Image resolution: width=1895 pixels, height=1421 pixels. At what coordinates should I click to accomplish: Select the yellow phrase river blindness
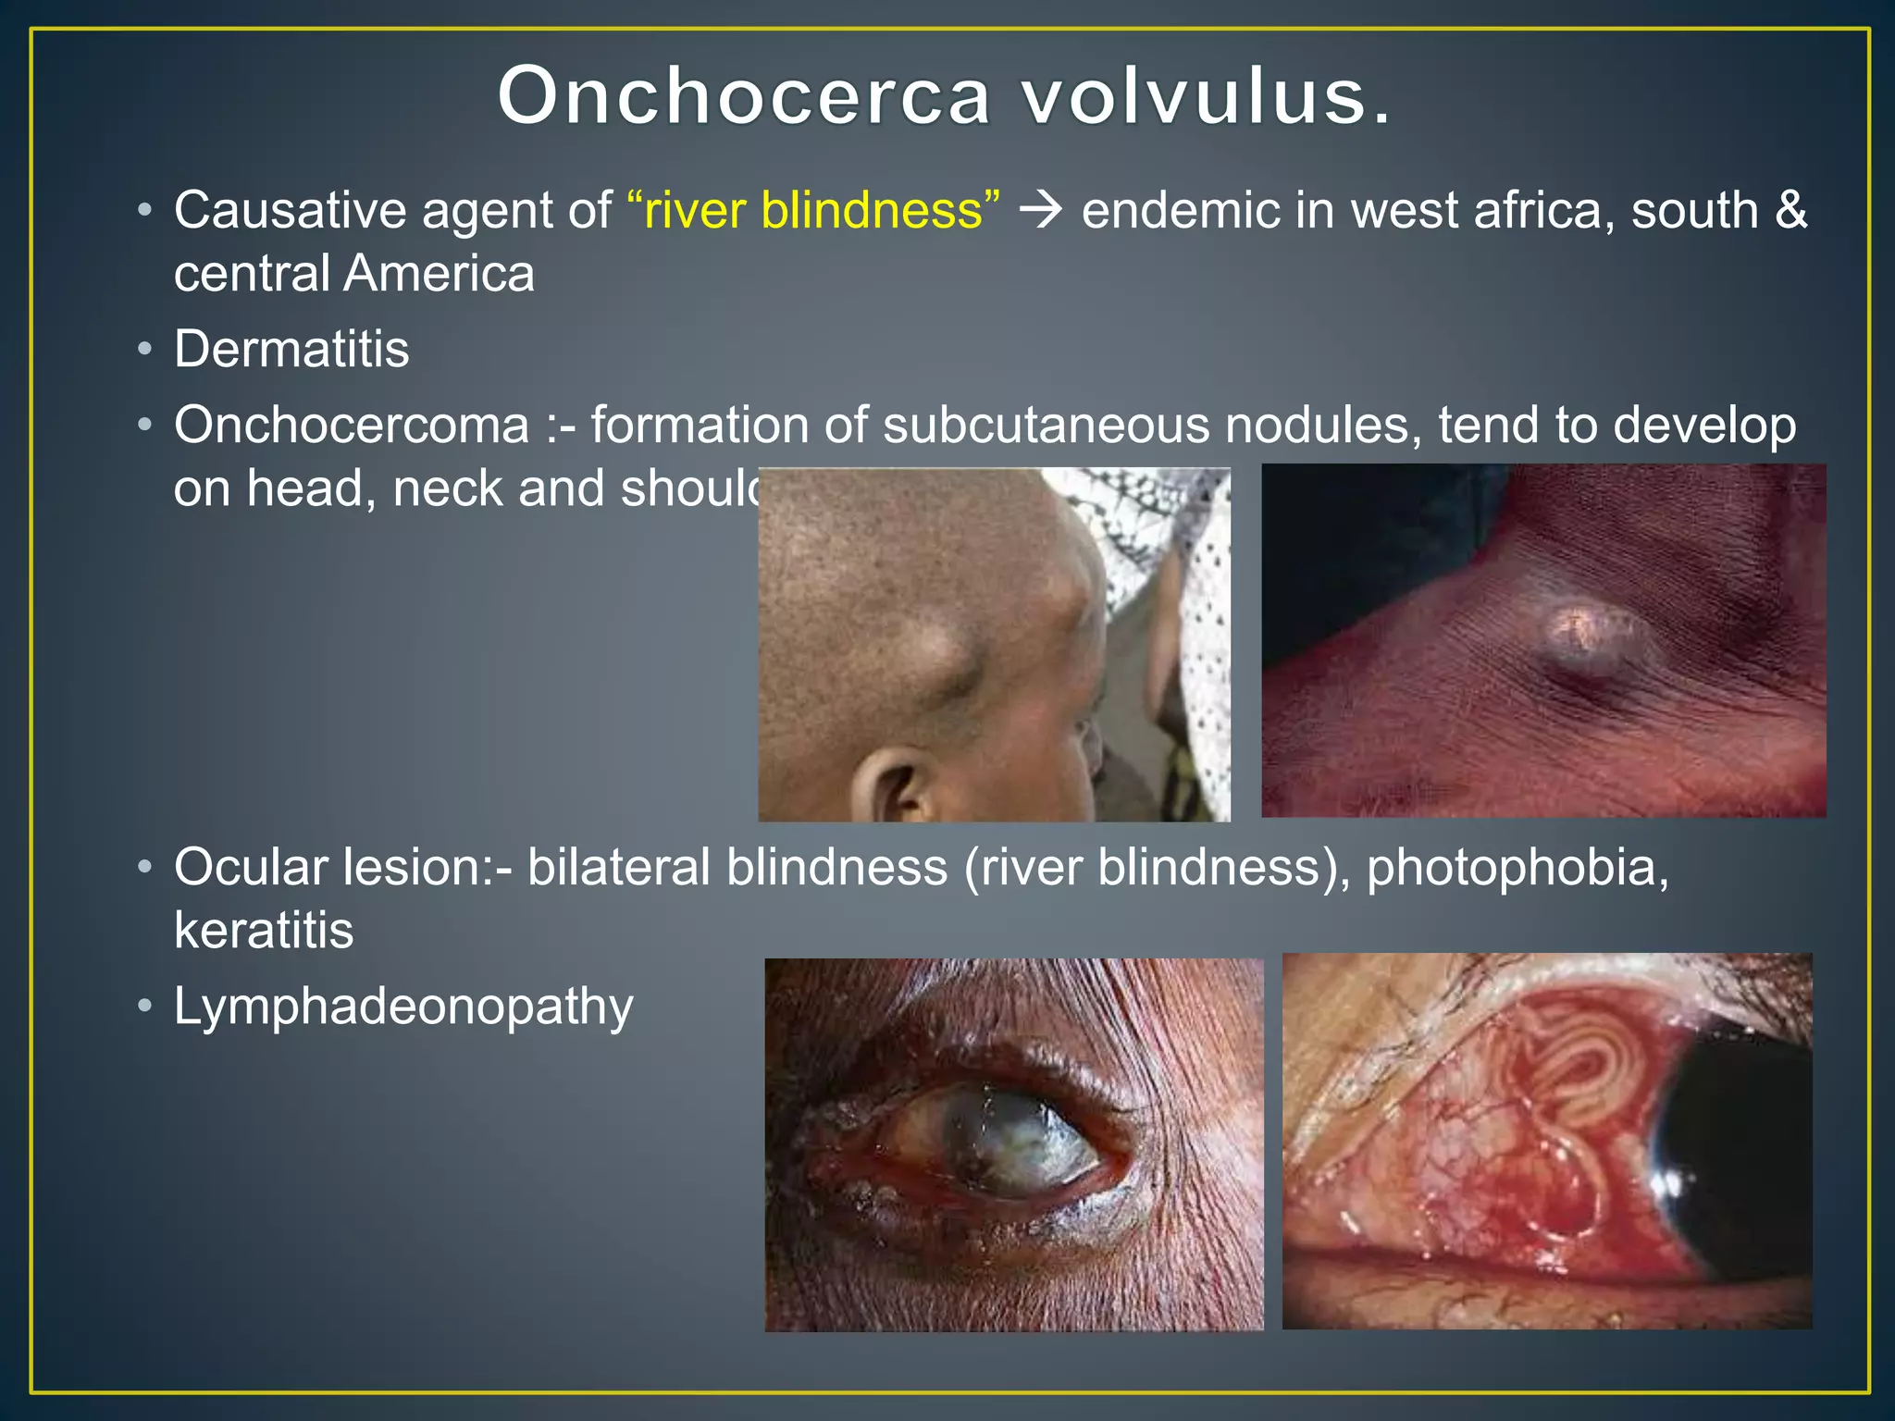(813, 210)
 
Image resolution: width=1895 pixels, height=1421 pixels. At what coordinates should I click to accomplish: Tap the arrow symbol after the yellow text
(1041, 211)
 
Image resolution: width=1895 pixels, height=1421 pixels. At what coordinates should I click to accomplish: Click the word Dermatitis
(291, 349)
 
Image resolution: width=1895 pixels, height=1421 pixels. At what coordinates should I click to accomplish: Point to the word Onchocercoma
(352, 425)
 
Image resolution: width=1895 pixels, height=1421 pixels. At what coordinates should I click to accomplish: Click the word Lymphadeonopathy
(403, 1006)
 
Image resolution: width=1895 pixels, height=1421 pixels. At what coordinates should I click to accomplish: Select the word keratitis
(264, 930)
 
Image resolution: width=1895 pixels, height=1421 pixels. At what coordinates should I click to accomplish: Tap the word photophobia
(1517, 867)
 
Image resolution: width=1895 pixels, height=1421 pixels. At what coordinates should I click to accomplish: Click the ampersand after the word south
(1790, 210)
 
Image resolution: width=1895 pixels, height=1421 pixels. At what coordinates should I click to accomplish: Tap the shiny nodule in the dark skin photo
(1587, 638)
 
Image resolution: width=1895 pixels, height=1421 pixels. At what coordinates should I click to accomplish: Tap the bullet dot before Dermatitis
(144, 350)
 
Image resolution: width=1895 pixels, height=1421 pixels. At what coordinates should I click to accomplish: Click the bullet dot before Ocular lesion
(144, 868)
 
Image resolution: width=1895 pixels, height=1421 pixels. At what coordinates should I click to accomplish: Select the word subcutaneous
(1046, 425)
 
